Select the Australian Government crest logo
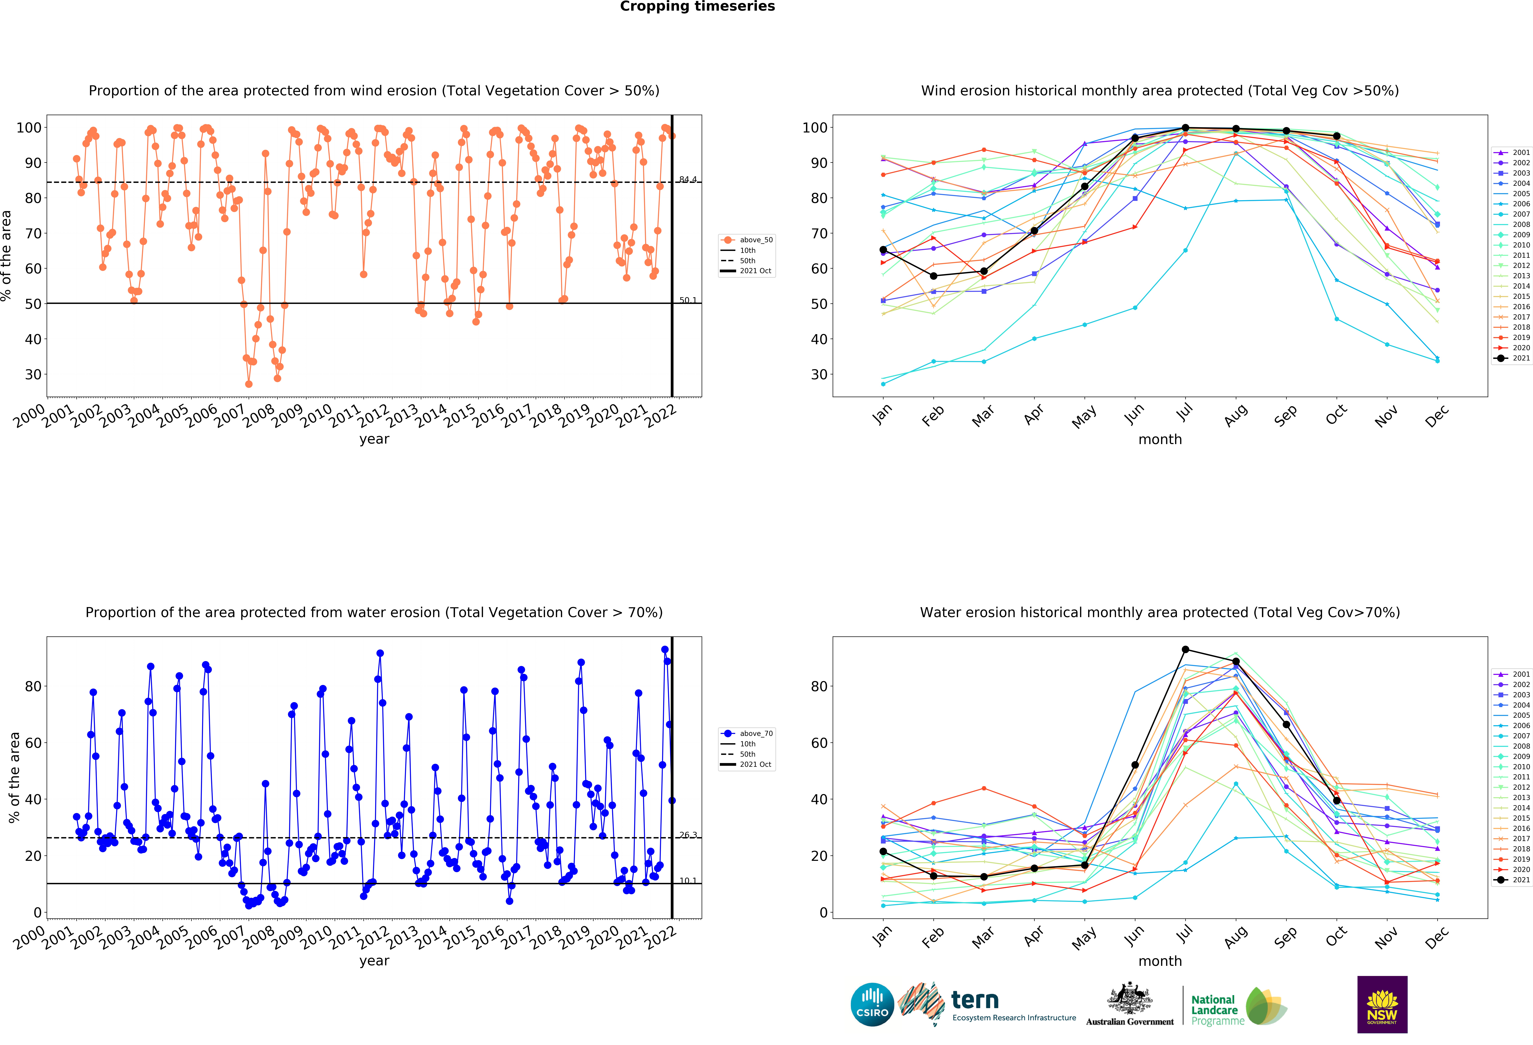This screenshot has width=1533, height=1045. (1130, 1005)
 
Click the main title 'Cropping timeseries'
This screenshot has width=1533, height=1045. (697, 7)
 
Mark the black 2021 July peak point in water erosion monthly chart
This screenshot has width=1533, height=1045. (1185, 650)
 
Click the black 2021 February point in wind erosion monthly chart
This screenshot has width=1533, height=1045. (933, 276)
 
